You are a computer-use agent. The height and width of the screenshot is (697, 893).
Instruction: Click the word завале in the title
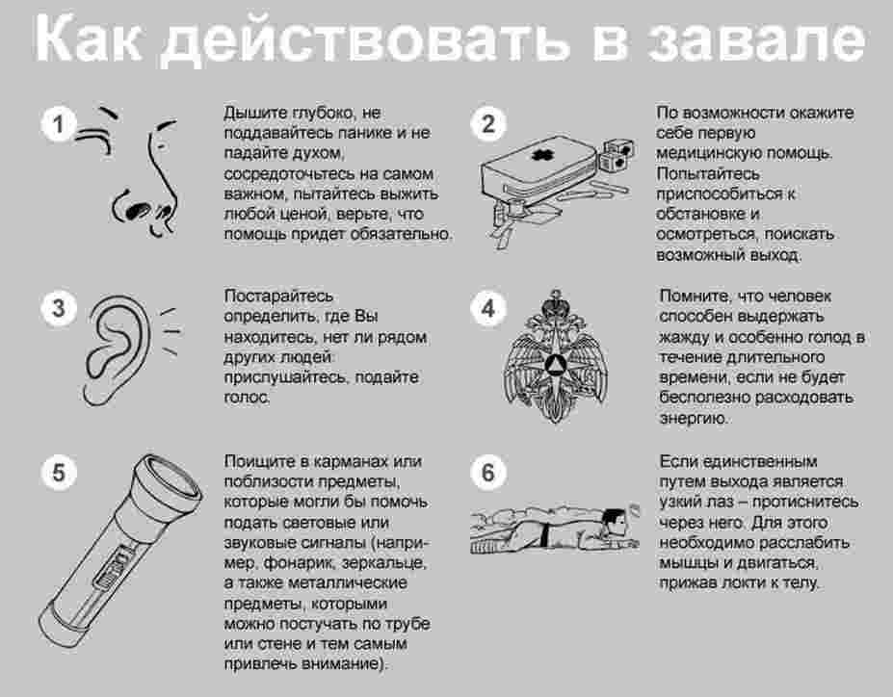(x=757, y=38)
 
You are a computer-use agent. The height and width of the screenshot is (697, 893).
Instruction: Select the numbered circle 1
(x=58, y=124)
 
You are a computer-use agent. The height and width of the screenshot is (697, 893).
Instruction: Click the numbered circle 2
(x=488, y=123)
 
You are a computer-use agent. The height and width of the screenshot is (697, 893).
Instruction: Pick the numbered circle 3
(x=58, y=308)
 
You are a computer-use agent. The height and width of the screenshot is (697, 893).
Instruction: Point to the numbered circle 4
(x=488, y=308)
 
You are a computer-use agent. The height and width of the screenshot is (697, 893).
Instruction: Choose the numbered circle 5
(x=58, y=473)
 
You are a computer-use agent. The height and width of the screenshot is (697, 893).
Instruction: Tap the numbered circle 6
(x=488, y=473)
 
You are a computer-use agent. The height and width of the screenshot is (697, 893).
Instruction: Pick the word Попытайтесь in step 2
(x=708, y=173)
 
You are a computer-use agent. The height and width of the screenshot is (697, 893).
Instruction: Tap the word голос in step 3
(x=246, y=398)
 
